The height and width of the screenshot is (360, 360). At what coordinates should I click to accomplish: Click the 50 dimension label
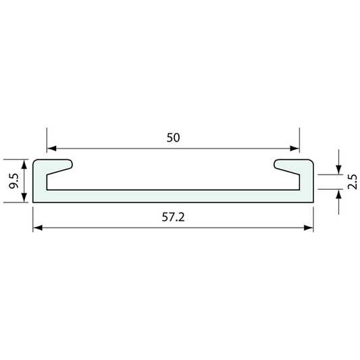(x=173, y=138)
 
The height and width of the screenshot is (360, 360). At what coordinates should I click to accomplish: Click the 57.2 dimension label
(x=173, y=217)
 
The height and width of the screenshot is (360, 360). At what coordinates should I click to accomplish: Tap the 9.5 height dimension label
(x=14, y=181)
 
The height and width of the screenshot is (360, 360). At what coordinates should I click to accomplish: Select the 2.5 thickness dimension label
(x=353, y=182)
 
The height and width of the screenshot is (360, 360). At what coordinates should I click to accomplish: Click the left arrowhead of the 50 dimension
(x=51, y=149)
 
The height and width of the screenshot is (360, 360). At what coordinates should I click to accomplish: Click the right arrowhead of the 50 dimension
(x=294, y=149)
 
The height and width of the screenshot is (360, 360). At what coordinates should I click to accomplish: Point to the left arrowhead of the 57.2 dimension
(x=38, y=228)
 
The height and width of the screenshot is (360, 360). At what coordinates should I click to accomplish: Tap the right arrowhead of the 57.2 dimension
(x=309, y=228)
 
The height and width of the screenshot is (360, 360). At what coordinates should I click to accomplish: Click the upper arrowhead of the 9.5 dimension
(x=24, y=164)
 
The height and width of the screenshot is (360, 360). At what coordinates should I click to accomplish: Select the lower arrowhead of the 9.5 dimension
(x=24, y=198)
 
